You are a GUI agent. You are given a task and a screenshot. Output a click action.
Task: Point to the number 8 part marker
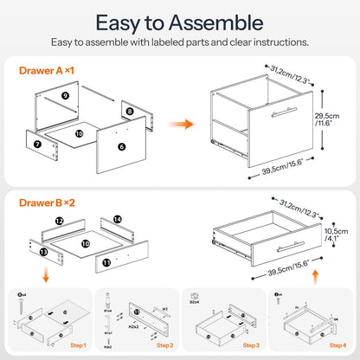[129, 112]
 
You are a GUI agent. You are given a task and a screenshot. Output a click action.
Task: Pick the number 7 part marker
[37, 142]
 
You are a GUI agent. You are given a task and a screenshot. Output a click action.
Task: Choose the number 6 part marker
[121, 147]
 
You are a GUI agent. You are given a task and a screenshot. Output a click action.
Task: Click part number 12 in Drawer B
[59, 222]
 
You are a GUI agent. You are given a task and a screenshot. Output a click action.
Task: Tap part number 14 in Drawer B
[118, 221]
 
